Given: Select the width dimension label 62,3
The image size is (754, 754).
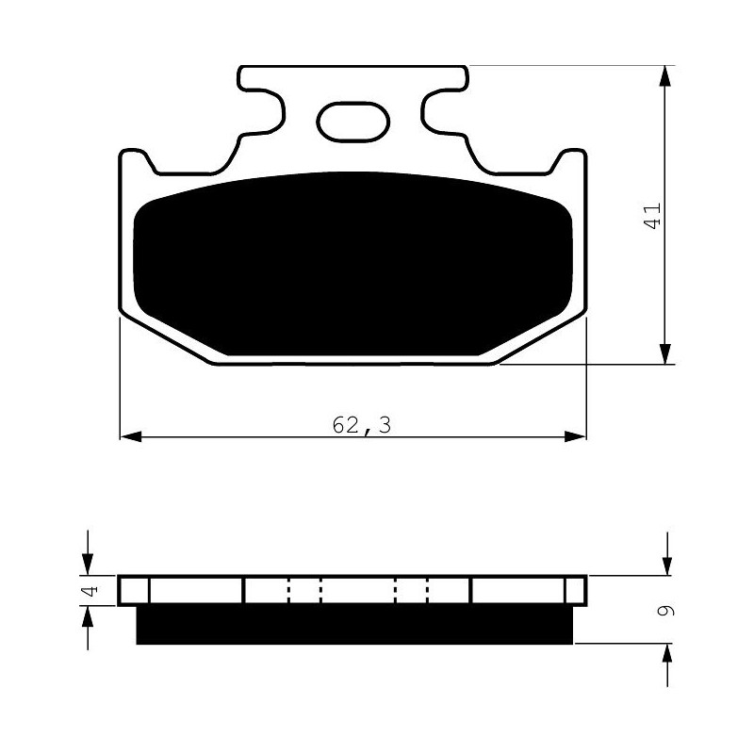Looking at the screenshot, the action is point(362,425).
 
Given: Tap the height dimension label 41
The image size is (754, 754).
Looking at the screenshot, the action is point(652,216).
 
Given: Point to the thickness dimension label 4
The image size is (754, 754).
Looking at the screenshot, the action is point(91,590).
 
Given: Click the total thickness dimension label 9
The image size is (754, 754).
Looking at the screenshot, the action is point(666,610).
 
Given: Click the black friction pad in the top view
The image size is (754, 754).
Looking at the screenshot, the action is point(352,264).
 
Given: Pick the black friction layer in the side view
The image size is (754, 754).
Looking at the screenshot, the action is point(355,624).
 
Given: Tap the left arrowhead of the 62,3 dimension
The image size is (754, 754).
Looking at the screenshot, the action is point(131,436).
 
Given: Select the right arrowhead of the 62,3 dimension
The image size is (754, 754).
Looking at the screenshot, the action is point(575,436).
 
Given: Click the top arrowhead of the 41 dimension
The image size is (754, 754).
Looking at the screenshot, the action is point(664,76).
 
